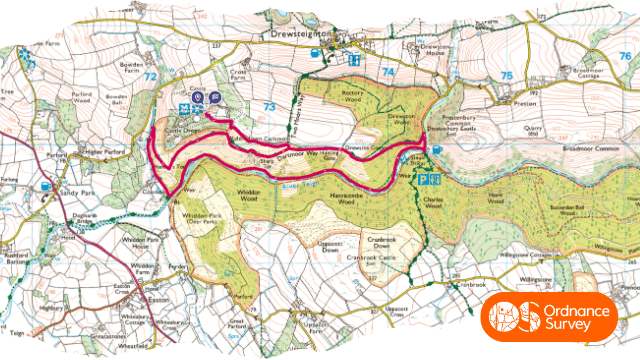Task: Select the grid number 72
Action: click(x=151, y=75)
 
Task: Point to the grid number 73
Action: click(x=268, y=106)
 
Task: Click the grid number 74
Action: click(x=387, y=73)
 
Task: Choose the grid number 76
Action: click(x=625, y=57)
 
